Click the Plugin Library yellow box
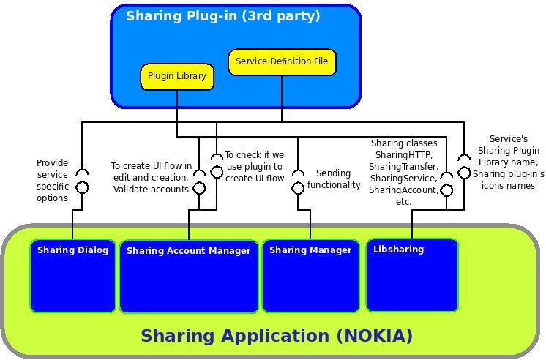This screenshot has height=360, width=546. (x=177, y=76)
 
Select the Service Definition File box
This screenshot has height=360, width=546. (x=282, y=61)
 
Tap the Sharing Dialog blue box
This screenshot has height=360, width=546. (x=72, y=275)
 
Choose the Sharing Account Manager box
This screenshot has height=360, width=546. (x=189, y=276)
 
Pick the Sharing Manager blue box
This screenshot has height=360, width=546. (x=310, y=275)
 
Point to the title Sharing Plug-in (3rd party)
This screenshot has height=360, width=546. (x=223, y=16)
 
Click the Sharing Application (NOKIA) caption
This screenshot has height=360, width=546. (x=277, y=336)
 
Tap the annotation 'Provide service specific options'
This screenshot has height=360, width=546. (x=52, y=181)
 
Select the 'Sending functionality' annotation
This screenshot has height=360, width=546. (x=334, y=179)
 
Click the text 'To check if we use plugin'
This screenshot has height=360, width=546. (x=254, y=161)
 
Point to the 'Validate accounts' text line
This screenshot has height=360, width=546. (x=151, y=190)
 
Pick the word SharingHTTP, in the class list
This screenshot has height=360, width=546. (x=403, y=155)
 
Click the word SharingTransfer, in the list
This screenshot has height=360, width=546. (x=403, y=167)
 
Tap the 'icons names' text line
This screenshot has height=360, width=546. (x=508, y=186)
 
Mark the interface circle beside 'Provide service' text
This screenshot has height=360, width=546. (x=83, y=187)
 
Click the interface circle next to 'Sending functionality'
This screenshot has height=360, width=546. (x=298, y=188)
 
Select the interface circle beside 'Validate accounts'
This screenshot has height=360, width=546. (x=199, y=188)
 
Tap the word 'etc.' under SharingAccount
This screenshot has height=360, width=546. (x=403, y=202)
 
